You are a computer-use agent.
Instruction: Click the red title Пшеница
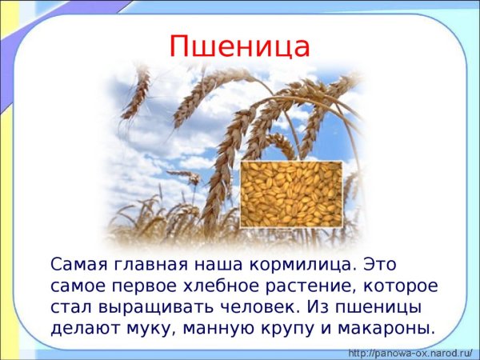pos(239,46)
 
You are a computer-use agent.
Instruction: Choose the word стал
pos(66,306)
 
